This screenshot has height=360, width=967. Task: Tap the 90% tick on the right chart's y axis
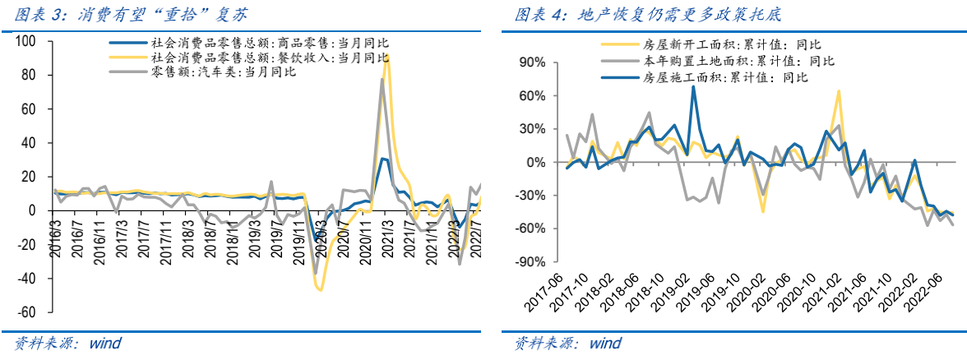[531, 62]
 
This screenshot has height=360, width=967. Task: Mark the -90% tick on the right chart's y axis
[528, 262]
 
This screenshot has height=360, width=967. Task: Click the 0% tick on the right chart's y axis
[534, 162]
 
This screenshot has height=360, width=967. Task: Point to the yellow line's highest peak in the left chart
[387, 56]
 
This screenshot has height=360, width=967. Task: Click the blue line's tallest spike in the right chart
[693, 86]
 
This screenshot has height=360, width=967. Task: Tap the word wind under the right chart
[605, 343]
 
